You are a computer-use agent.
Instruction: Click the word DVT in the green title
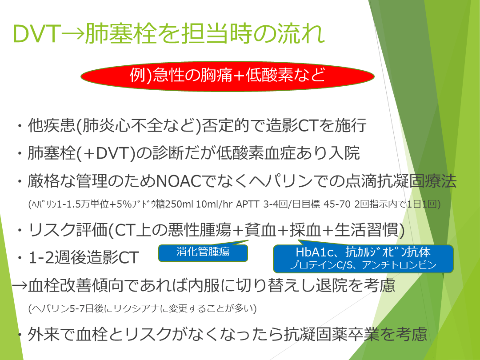[36, 33]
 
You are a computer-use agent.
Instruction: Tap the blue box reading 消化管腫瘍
[203, 253]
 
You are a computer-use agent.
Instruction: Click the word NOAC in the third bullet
[179, 181]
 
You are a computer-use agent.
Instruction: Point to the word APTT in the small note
[248, 204]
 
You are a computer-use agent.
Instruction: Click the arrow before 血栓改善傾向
[20, 286]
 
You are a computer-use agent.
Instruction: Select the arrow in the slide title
[73, 33]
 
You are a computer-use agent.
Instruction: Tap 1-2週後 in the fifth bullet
[60, 257]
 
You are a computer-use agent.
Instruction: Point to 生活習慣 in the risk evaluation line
[366, 230]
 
